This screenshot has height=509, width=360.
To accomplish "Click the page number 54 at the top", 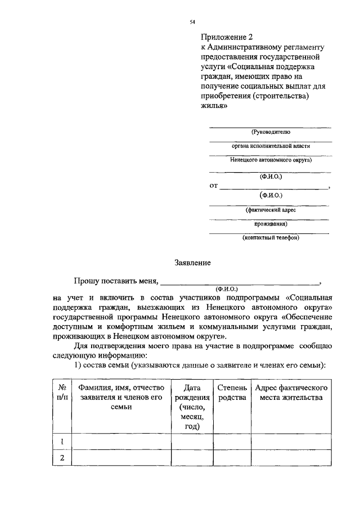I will click(192, 21).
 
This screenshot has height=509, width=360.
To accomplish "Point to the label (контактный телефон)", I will click(271, 237).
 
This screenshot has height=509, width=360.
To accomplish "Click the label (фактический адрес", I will click(271, 209).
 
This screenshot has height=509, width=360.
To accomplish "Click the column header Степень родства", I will click(231, 393).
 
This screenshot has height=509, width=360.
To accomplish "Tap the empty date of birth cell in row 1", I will click(192, 442).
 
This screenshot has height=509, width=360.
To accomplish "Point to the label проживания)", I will click(271, 223).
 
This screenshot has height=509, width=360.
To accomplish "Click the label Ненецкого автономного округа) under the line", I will click(271, 160).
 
